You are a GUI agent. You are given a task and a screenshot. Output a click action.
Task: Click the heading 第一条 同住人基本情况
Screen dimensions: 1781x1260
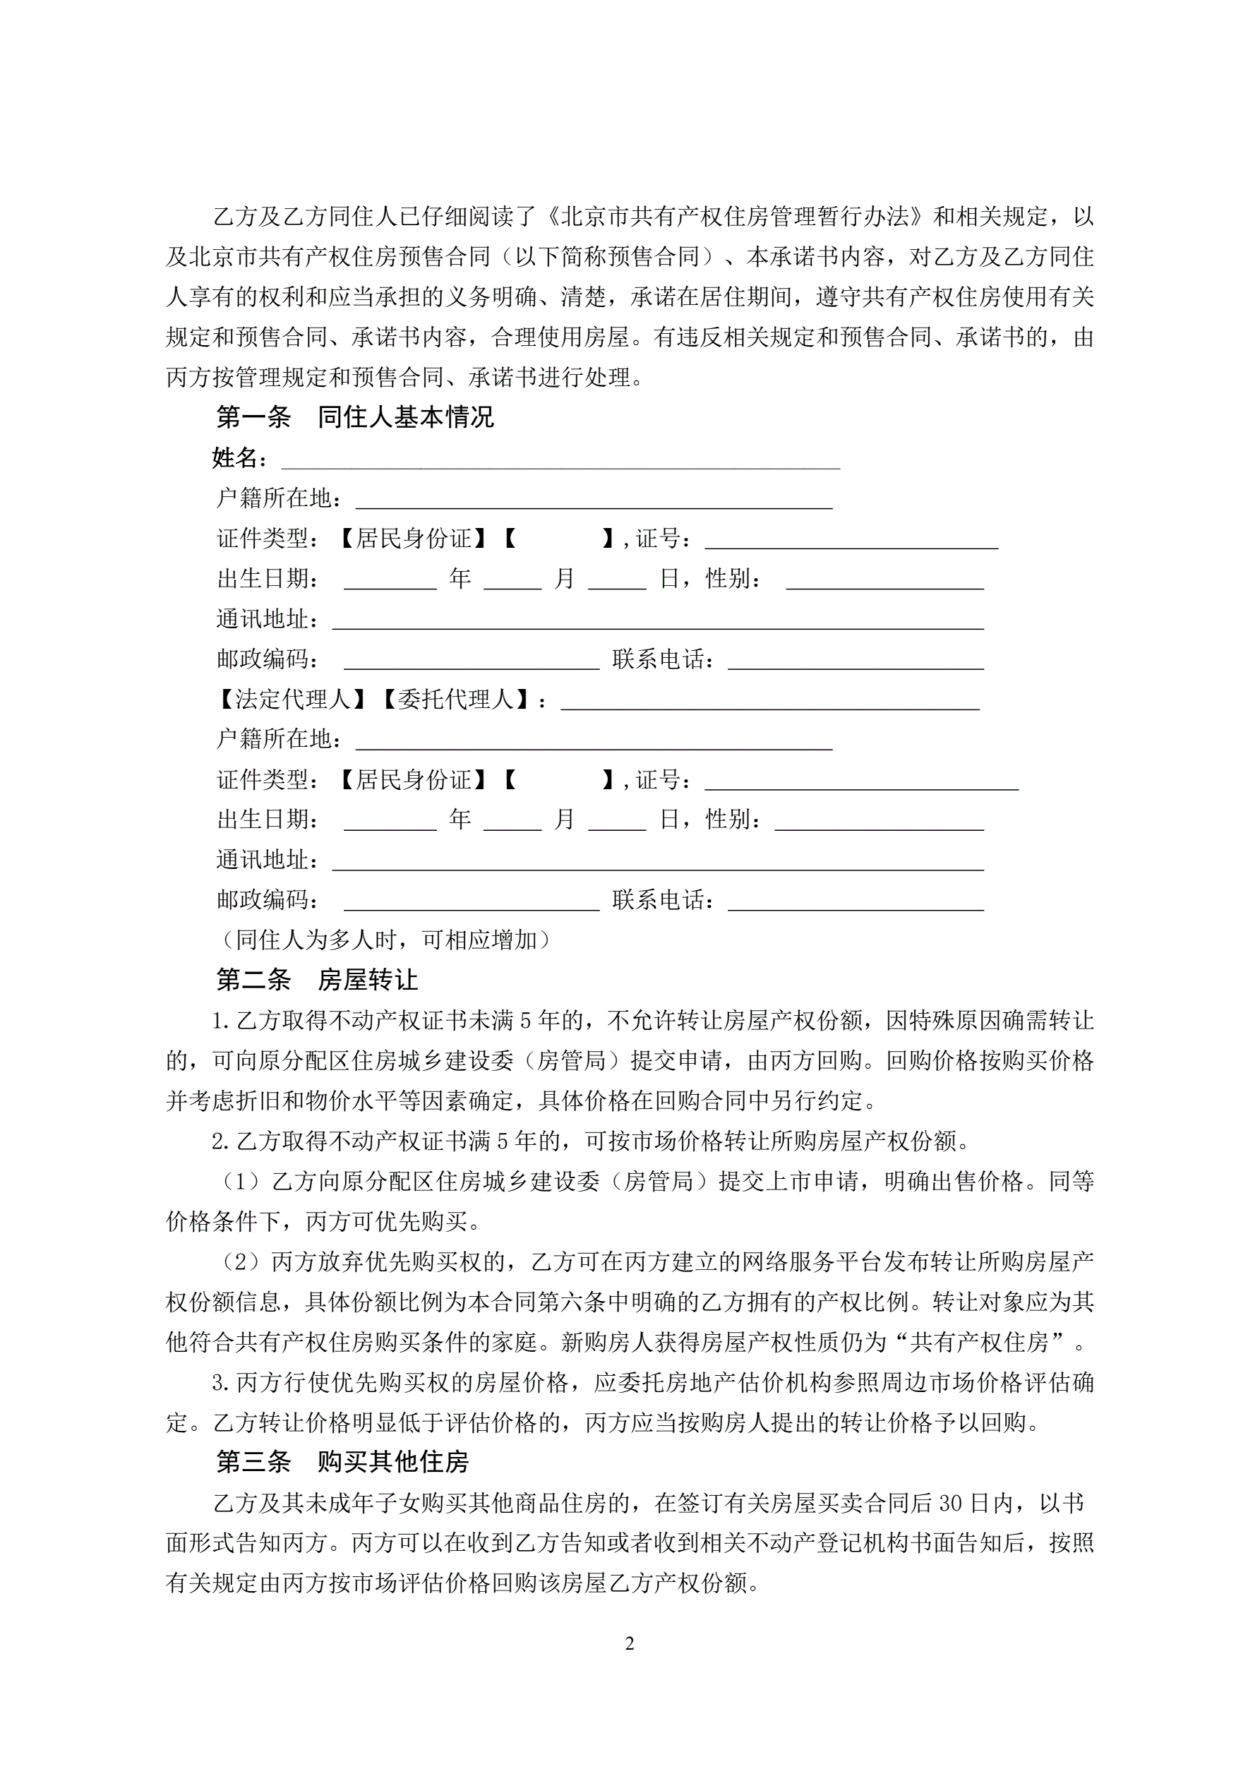[x=354, y=417]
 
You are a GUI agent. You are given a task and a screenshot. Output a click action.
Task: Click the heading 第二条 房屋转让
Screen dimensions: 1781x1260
[x=316, y=980]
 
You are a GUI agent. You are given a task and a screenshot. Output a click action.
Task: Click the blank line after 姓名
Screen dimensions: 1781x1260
[x=560, y=461]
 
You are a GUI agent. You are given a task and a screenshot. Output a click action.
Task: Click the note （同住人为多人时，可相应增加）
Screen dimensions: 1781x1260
[x=385, y=940]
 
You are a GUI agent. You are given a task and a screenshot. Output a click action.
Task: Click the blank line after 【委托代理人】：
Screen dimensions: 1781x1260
[x=769, y=702]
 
